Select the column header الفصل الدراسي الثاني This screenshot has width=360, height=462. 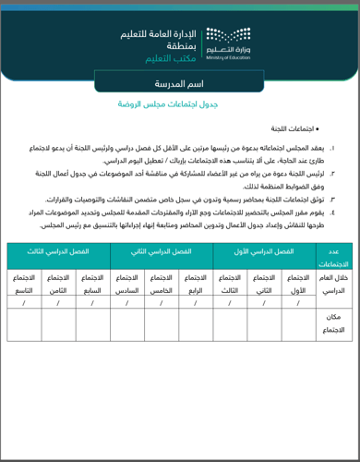tap(162, 251)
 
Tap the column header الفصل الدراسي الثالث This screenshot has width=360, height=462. tap(58, 251)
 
